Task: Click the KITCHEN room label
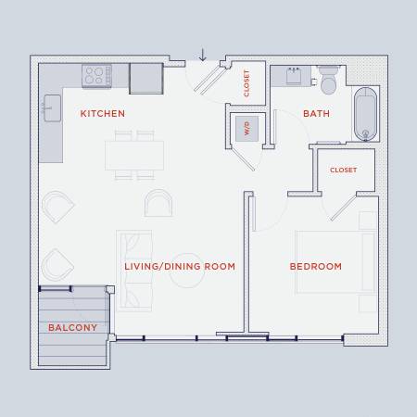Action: pyautogui.click(x=103, y=114)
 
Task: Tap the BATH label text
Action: pyautogui.click(x=316, y=114)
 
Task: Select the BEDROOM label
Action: pyautogui.click(x=316, y=266)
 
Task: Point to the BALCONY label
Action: pyautogui.click(x=72, y=327)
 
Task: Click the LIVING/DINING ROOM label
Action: pyautogui.click(x=180, y=266)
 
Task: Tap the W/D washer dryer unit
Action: pyautogui.click(x=246, y=129)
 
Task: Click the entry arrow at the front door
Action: pyautogui.click(x=203, y=55)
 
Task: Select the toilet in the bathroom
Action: pyautogui.click(x=328, y=80)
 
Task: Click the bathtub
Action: pyautogui.click(x=365, y=114)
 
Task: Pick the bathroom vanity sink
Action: pyautogui.click(x=294, y=76)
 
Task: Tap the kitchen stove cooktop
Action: pyautogui.click(x=97, y=76)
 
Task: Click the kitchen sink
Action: pyautogui.click(x=52, y=108)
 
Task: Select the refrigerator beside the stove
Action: pyautogui.click(x=146, y=79)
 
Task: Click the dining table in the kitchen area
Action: pyautogui.click(x=134, y=156)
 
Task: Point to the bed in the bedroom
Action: pyautogui.click(x=336, y=261)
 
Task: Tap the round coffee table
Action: pyautogui.click(x=187, y=271)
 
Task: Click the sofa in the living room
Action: pyautogui.click(x=134, y=271)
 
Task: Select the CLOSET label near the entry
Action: pyautogui.click(x=246, y=83)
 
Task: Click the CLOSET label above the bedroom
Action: pyautogui.click(x=344, y=170)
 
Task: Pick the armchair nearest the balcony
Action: pyautogui.click(x=57, y=265)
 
